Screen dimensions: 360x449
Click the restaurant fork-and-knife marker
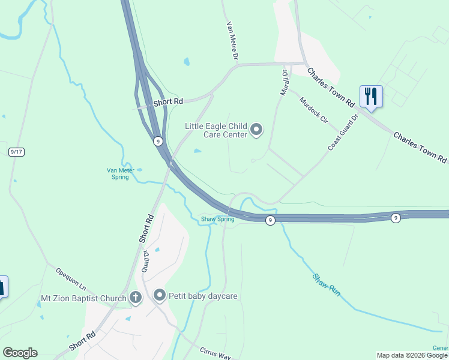(x=371, y=96)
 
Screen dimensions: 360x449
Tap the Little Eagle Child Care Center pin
(x=256, y=130)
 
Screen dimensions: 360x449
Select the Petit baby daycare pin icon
(x=160, y=295)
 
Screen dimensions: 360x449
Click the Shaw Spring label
(x=217, y=219)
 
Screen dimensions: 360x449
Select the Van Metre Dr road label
(x=232, y=41)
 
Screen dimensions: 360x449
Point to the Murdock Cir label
(x=314, y=110)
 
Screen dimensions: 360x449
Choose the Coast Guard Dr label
(x=343, y=132)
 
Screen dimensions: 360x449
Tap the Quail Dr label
(x=146, y=261)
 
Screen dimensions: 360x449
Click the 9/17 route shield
(x=16, y=152)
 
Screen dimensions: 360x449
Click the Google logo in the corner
(x=20, y=353)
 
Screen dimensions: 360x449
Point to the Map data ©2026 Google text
(x=412, y=355)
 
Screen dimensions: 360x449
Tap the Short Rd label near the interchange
(x=168, y=102)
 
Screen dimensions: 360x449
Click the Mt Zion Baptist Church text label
(x=83, y=298)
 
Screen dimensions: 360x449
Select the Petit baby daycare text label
(x=203, y=296)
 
